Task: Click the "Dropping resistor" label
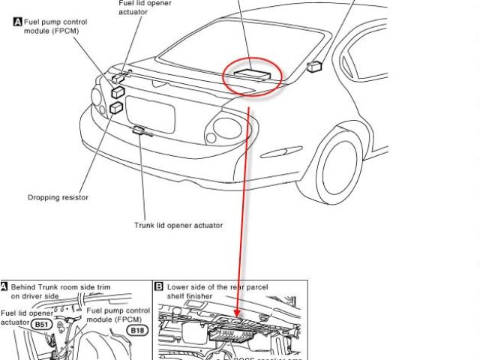pyautogui.click(x=58, y=197)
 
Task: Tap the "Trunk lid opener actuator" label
pyautogui.click(x=178, y=224)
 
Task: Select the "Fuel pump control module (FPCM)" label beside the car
pyautogui.click(x=50, y=26)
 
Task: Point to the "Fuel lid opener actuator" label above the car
pyautogui.click(x=145, y=7)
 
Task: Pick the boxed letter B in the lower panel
pyautogui.click(x=159, y=286)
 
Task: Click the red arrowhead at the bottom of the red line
pyautogui.click(x=238, y=313)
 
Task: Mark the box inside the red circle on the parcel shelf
pyautogui.click(x=250, y=71)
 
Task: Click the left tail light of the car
pyautogui.click(x=97, y=97)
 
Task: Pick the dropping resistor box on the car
pyautogui.click(x=115, y=109)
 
